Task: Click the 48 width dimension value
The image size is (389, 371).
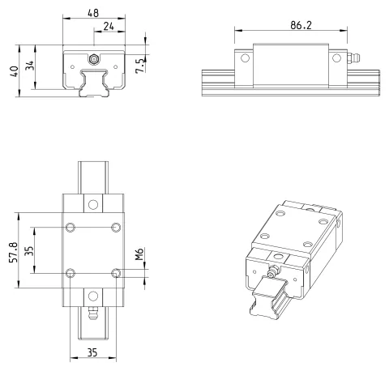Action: coord(93,13)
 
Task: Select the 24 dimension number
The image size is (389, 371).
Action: coord(109,26)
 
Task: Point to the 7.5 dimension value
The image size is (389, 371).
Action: coord(140,66)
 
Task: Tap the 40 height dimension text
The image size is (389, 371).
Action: coord(14,71)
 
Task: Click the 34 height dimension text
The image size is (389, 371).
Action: coord(29,66)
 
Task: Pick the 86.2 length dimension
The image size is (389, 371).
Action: coord(301,25)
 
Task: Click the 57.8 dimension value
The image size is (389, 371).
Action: coord(14,253)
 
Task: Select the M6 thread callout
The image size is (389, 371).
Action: coord(139,254)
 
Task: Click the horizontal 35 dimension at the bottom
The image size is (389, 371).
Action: coord(92,352)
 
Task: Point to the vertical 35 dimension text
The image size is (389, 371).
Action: coord(29,251)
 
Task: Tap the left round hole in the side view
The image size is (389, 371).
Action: coord(245,58)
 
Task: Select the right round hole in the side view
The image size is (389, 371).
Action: coord(336,58)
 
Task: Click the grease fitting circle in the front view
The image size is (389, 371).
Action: coord(94,59)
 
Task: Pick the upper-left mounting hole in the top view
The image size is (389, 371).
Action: coord(71,227)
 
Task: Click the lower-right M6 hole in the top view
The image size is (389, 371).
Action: coord(116,273)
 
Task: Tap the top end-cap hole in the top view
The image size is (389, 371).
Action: coord(93,204)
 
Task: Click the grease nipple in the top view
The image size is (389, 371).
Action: coord(93,313)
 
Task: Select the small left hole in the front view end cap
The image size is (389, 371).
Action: coord(72,66)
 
